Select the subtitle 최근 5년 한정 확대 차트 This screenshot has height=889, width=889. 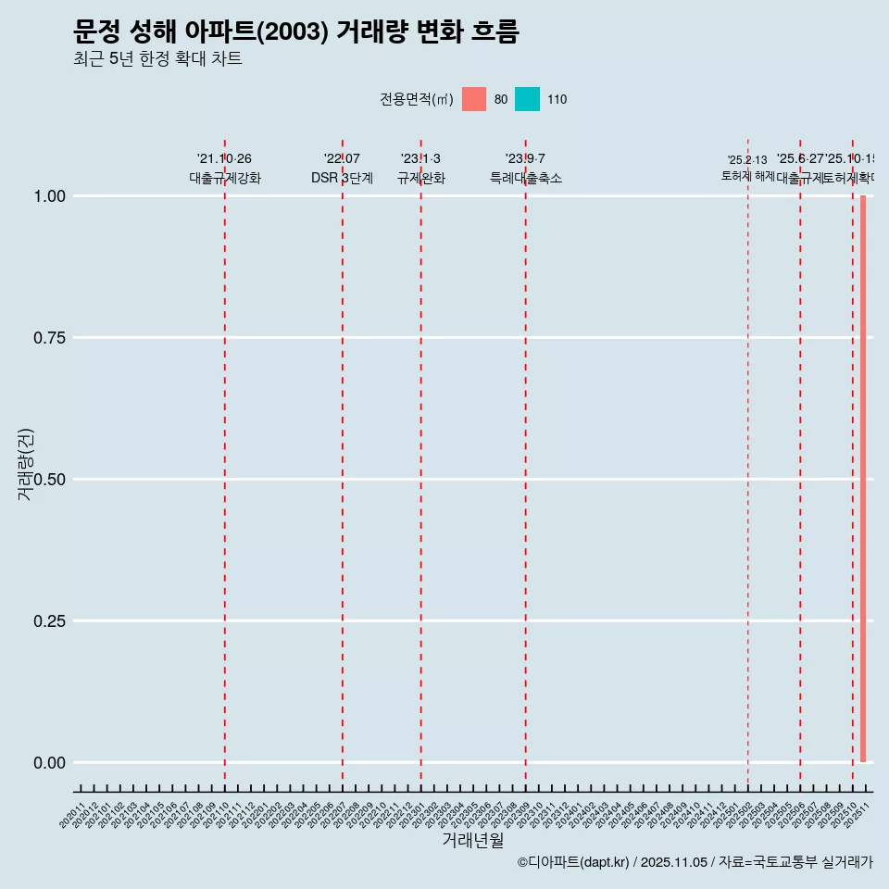tap(157, 59)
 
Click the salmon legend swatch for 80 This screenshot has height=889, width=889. tap(474, 99)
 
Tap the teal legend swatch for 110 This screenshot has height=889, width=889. tap(527, 99)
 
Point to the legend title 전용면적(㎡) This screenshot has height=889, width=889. tap(416, 99)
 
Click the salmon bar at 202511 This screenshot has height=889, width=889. tap(863, 479)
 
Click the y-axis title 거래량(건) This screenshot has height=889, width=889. tap(26, 465)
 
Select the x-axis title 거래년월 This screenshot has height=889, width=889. tap(473, 840)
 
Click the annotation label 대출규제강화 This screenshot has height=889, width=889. tap(225, 178)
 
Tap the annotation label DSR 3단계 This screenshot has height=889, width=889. tap(342, 178)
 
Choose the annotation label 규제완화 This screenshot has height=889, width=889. tap(421, 178)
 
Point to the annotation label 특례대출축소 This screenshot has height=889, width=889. tap(526, 178)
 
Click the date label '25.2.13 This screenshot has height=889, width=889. tap(747, 160)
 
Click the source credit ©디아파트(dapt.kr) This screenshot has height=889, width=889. tap(573, 862)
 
